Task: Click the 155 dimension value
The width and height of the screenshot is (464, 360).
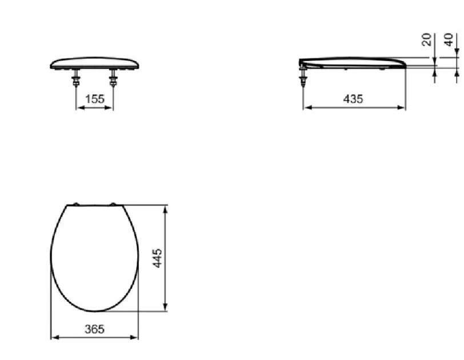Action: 95,99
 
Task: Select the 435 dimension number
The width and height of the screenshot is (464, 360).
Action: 353,99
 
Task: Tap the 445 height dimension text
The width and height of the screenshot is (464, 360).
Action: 158,258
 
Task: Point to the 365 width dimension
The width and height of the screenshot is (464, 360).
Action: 95,329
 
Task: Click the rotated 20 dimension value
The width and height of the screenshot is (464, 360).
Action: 426,39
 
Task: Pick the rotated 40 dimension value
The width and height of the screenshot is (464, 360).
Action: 449,39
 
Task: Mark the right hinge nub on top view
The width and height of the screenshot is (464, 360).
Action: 113,204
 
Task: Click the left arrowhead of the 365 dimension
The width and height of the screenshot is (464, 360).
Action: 54,337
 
